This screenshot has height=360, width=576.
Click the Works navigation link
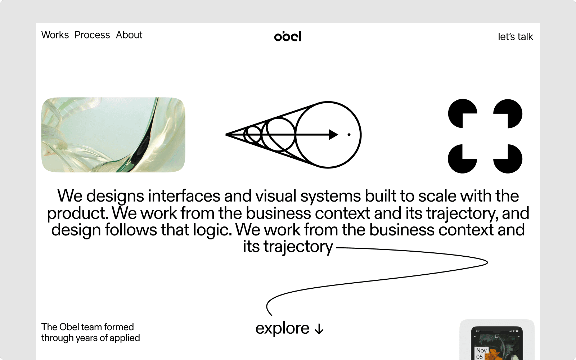(55, 35)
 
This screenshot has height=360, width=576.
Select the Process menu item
(92, 35)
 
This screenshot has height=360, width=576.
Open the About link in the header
(129, 35)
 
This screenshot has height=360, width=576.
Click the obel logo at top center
(288, 36)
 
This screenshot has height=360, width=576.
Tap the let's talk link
(515, 37)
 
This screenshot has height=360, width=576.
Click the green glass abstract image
(113, 135)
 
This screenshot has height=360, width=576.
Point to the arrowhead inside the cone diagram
(333, 135)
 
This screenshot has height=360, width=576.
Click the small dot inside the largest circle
(349, 135)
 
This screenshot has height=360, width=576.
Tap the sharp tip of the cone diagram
(227, 135)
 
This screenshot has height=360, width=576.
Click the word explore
(282, 328)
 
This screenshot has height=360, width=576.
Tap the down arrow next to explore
(319, 329)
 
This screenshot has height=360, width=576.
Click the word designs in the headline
(115, 196)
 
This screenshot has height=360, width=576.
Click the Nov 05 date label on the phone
(481, 354)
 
